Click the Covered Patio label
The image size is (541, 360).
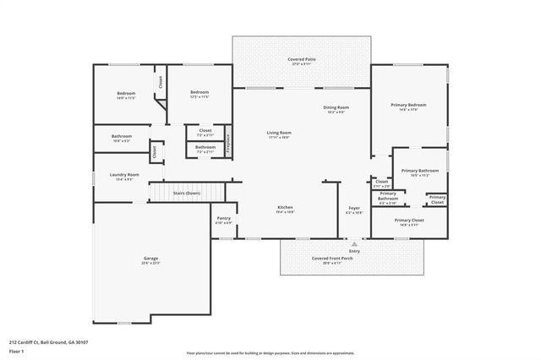click(x=302, y=61)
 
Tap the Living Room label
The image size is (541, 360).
click(x=279, y=134)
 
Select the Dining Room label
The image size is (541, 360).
click(x=336, y=108)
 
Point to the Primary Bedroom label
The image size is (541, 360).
click(x=408, y=106)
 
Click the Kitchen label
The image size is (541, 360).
click(x=286, y=209)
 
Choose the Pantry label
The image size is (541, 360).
click(x=223, y=220)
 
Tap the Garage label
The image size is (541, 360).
click(x=150, y=259)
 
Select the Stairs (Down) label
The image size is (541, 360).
click(x=186, y=194)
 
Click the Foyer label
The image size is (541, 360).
click(x=354, y=209)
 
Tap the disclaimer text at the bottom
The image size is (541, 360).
click(x=270, y=352)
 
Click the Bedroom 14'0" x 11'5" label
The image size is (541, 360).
click(x=125, y=95)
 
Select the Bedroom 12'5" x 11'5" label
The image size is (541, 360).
click(x=199, y=94)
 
